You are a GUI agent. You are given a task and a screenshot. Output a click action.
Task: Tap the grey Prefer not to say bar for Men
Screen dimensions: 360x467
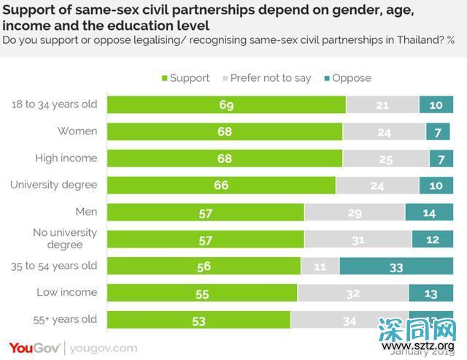tap(355, 212)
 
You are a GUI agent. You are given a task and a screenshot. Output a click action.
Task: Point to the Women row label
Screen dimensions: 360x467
tap(77, 131)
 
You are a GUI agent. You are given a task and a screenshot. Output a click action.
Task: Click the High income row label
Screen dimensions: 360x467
tap(66, 158)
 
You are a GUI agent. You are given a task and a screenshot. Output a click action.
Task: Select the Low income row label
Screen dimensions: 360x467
tap(67, 292)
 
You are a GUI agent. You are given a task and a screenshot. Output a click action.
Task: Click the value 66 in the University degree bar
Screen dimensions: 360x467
tap(220, 185)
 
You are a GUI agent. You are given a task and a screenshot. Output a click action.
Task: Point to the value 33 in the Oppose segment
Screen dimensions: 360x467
tap(395, 267)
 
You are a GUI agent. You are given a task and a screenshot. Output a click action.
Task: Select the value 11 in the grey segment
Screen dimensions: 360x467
tap(320, 267)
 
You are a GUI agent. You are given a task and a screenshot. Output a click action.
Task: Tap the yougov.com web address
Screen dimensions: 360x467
tap(103, 348)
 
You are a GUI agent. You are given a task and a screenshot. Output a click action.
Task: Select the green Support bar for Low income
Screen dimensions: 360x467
tap(202, 293)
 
